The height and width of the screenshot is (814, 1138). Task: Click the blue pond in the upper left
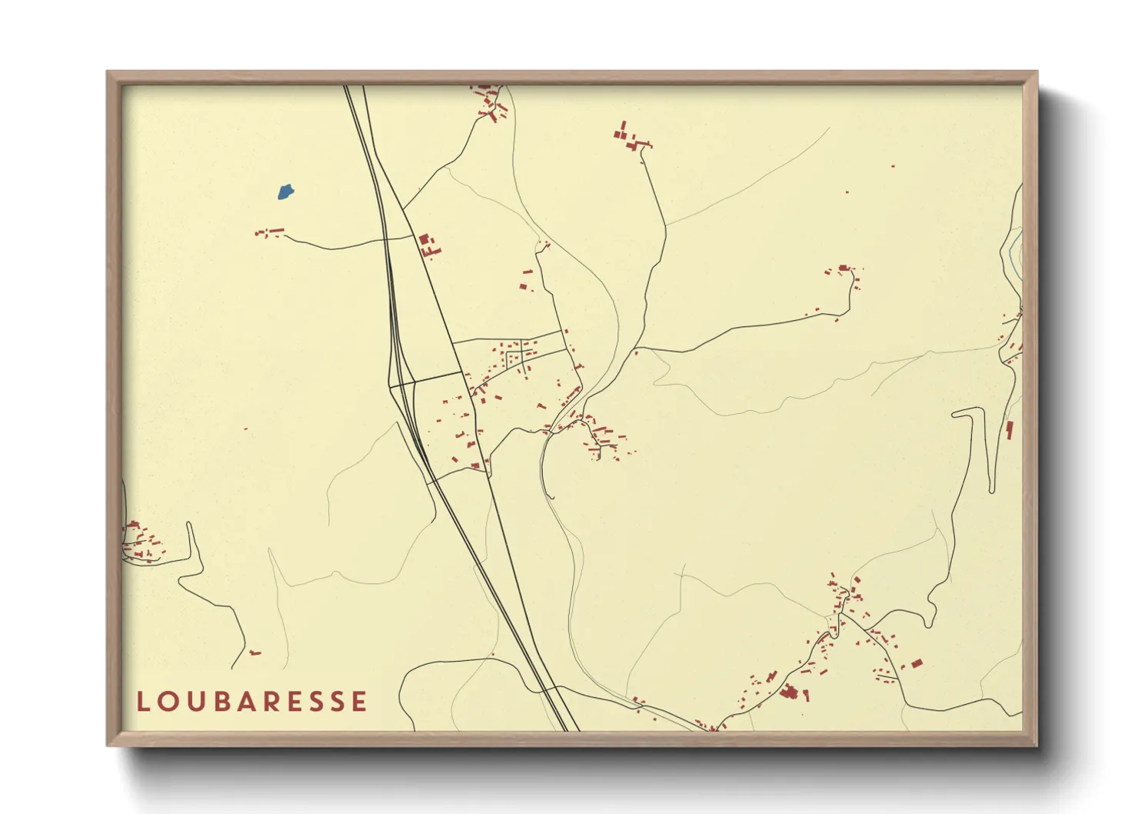coord(285,191)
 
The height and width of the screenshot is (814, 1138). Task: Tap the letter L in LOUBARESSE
coord(142,702)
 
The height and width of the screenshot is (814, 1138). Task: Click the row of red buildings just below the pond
coord(270,231)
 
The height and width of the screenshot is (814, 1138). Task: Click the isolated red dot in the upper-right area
coord(893,166)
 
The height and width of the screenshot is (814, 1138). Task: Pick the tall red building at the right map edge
coord(1010,430)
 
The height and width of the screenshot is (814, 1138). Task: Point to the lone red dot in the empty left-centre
coord(245,429)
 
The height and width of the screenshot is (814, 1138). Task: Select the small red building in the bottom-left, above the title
coord(255,653)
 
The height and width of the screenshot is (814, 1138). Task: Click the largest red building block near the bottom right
coord(787,693)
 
